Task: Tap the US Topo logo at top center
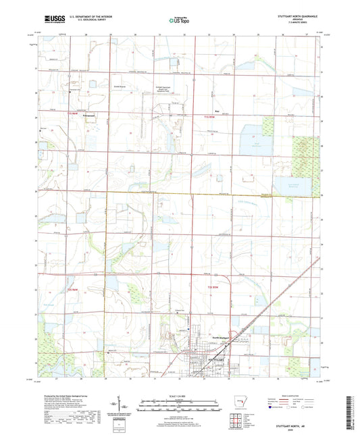pos(178,20)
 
